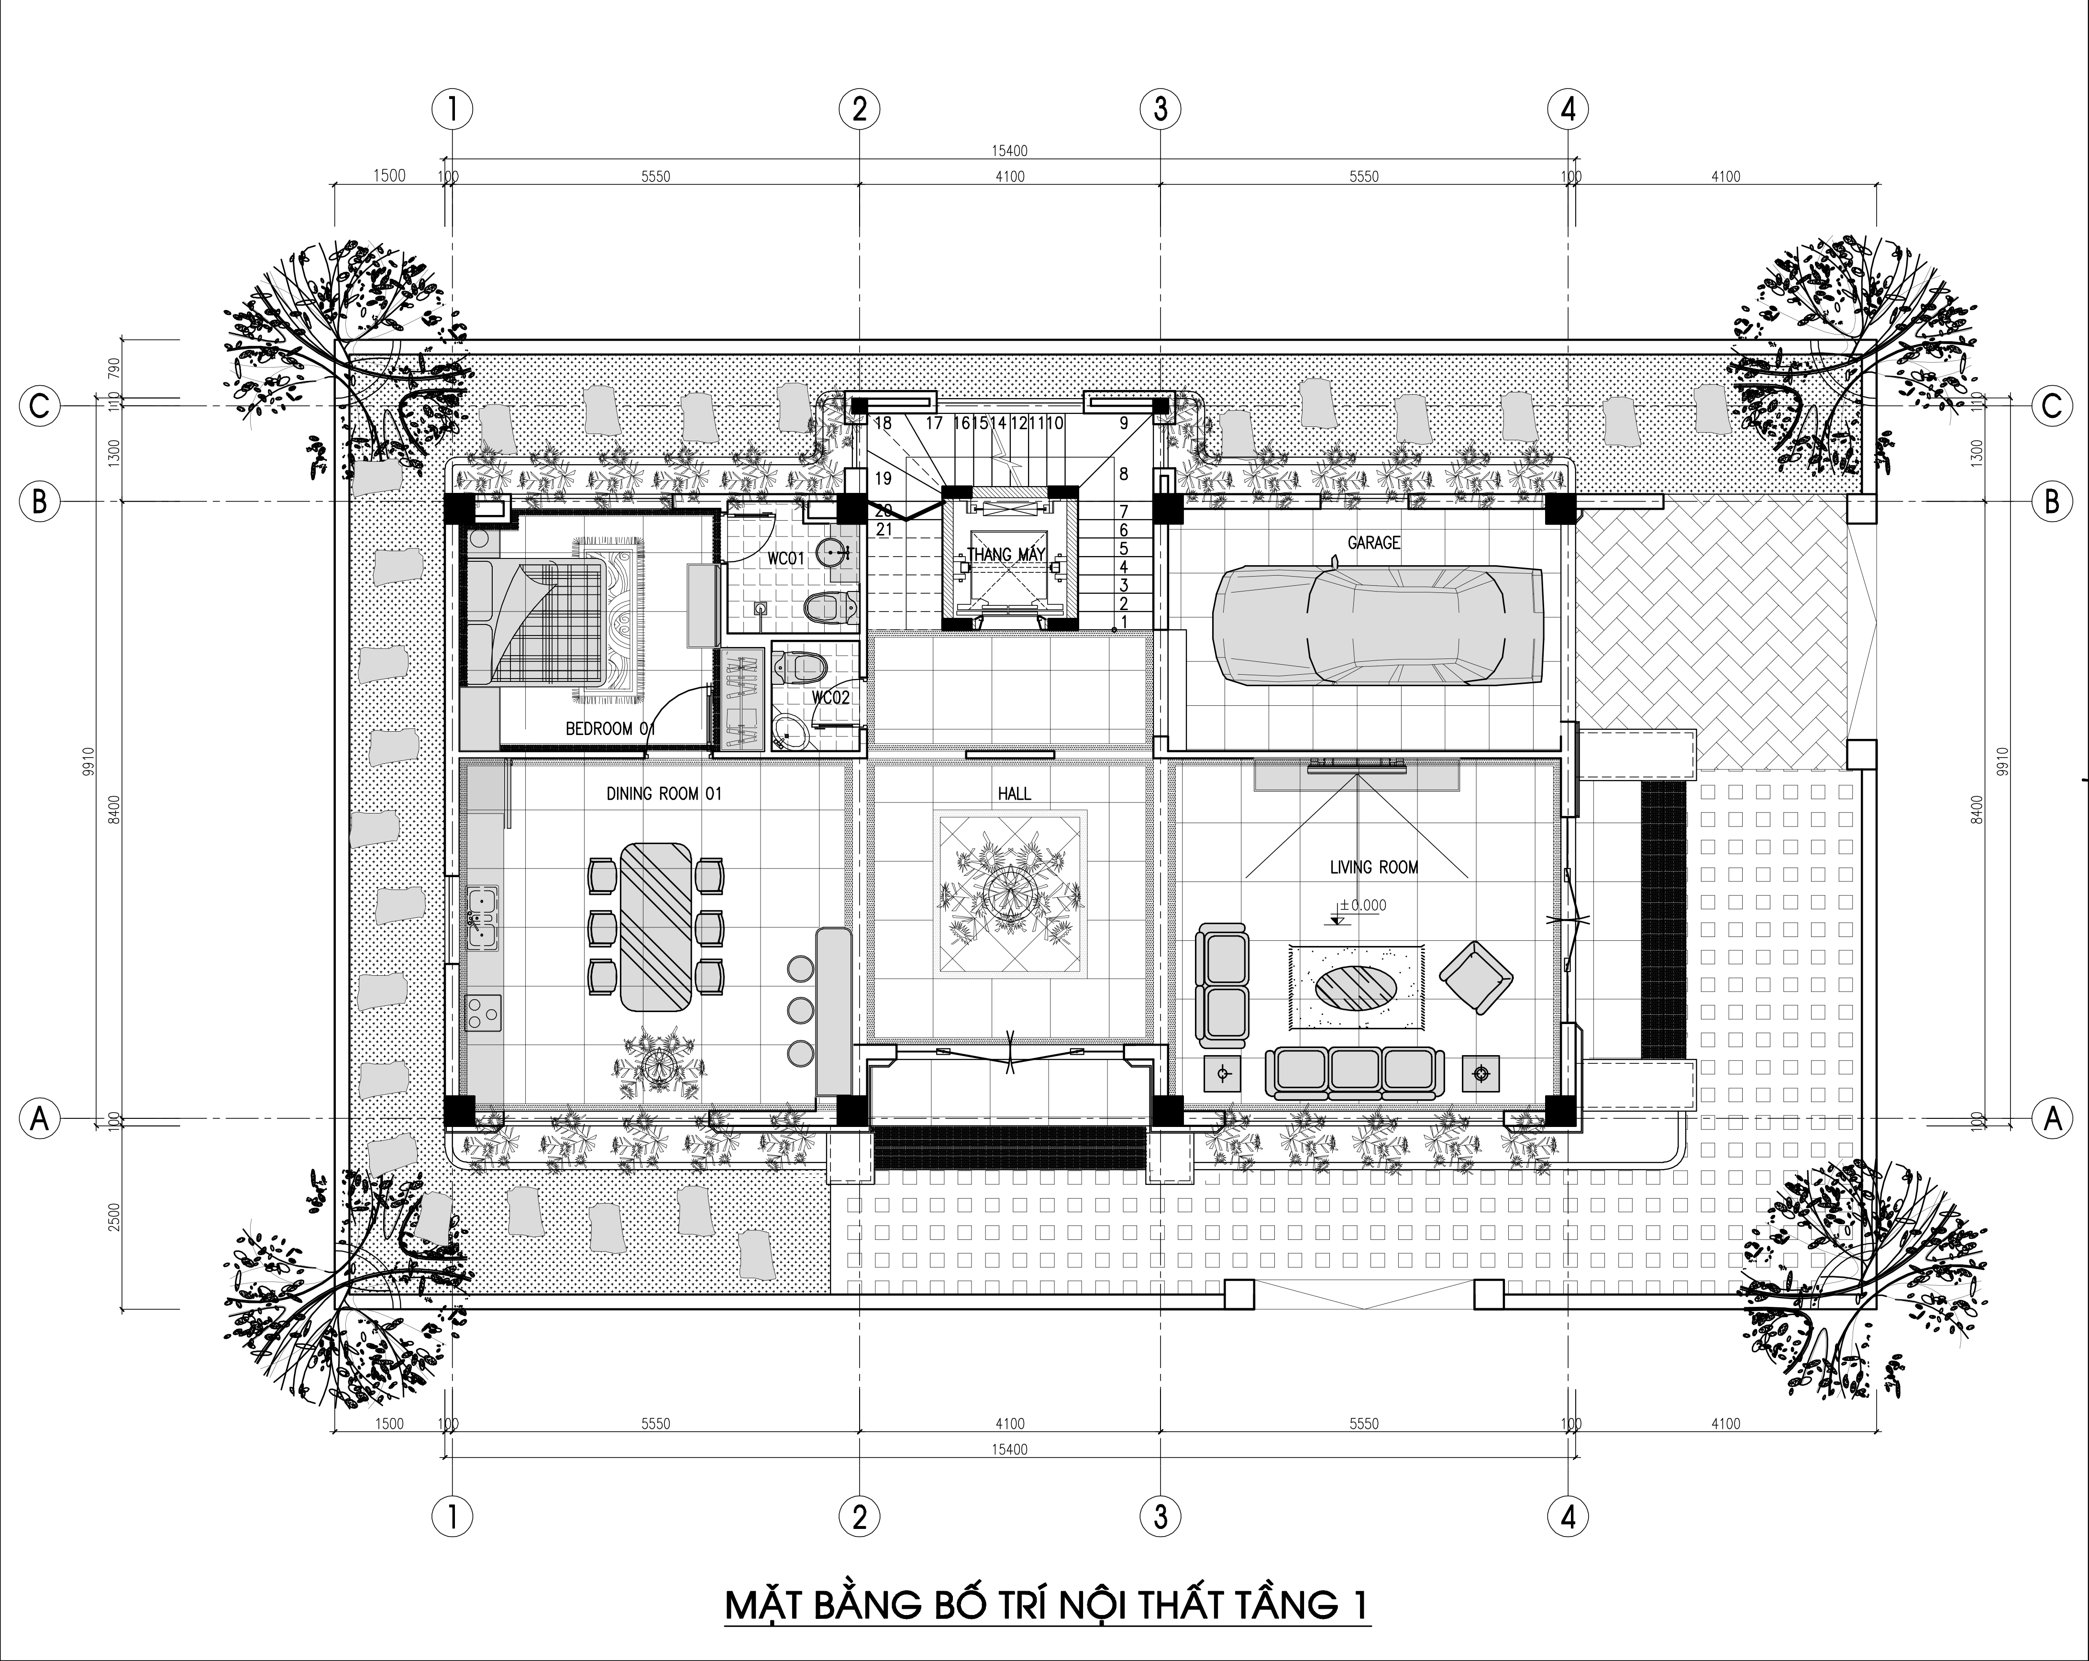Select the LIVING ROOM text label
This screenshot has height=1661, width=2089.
(x=1374, y=867)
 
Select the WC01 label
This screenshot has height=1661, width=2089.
(x=786, y=559)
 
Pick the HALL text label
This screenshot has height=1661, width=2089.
(x=1015, y=794)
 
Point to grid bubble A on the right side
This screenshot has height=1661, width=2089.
(x=2051, y=1119)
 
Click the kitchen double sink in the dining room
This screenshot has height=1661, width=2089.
(x=482, y=916)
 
